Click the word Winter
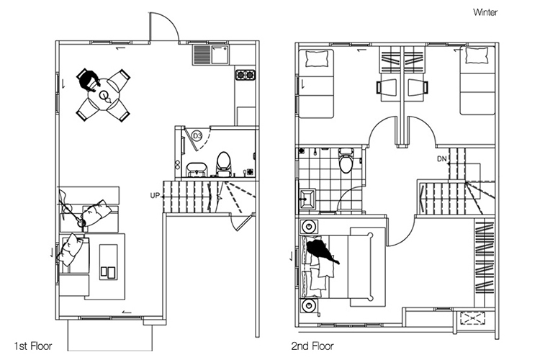[485, 12]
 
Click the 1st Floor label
[33, 346]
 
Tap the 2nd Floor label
[312, 346]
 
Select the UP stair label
[155, 196]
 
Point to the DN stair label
[442, 159]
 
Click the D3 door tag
[197, 136]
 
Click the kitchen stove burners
[246, 74]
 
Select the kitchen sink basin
[220, 55]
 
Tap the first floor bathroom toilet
[223, 164]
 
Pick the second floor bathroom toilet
[346, 160]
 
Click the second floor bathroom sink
[308, 199]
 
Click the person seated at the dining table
[89, 80]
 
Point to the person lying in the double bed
[322, 251]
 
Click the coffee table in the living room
[108, 262]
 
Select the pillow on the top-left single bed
[317, 58]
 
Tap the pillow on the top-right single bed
[477, 55]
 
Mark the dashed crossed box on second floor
[473, 318]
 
